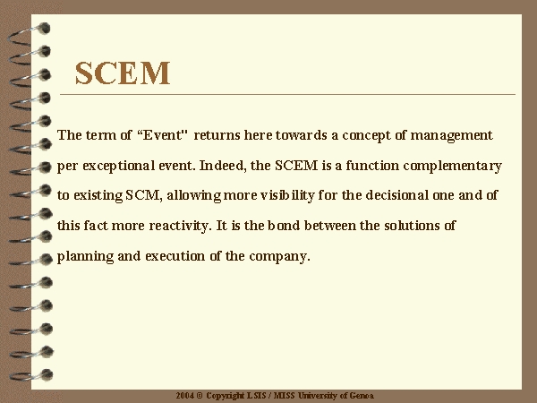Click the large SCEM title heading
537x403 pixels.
coord(123,73)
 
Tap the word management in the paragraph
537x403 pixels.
coord(451,136)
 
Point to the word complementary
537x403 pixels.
coord(452,167)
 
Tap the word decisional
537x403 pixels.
coord(396,195)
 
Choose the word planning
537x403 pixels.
coord(85,256)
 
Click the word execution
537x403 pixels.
coord(175,256)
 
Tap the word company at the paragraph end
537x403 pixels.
coord(279,257)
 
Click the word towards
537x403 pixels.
coord(302,135)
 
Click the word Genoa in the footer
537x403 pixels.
coord(362,396)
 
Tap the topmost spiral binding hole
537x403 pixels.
coord(44,28)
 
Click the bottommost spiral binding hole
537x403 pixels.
coord(47,374)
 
